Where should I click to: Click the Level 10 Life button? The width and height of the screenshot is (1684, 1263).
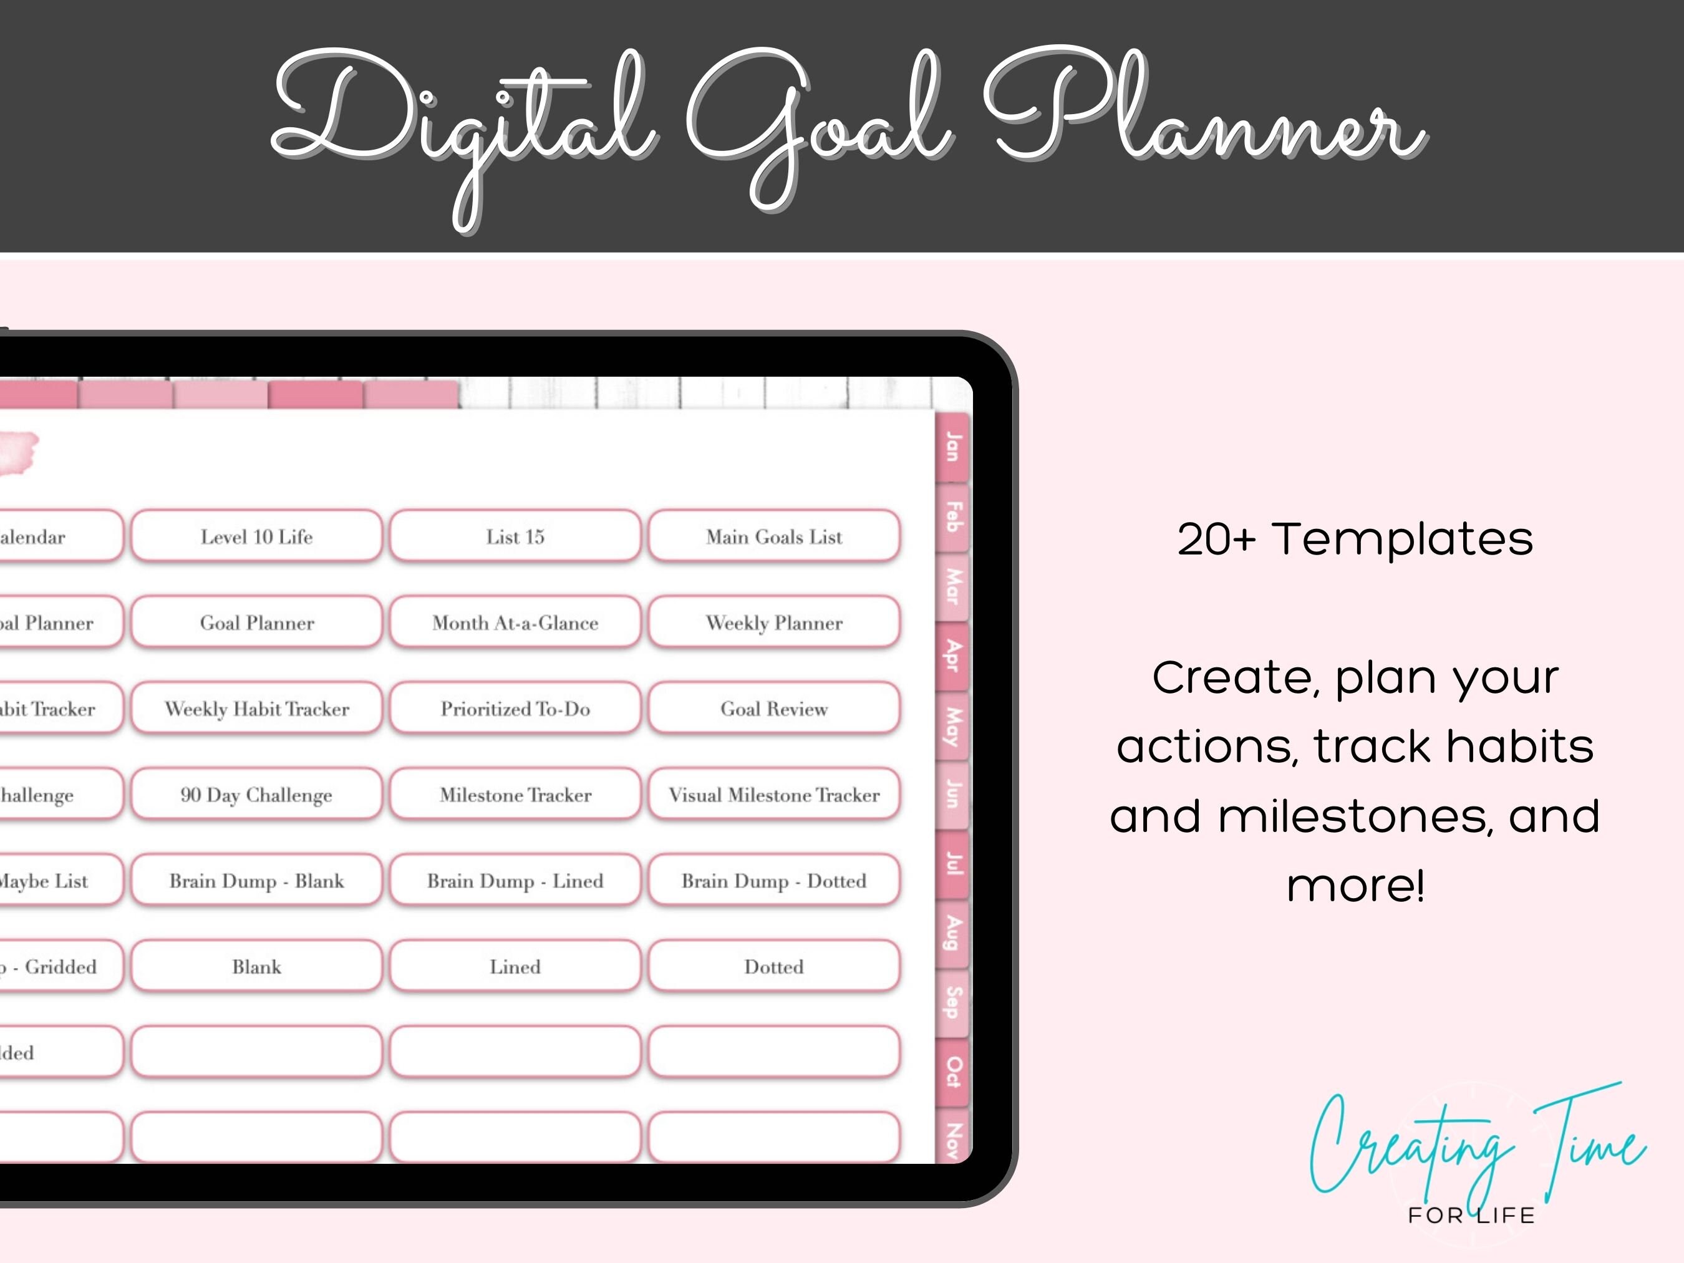pyautogui.click(x=256, y=537)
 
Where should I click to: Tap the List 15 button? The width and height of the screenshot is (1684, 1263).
pyautogui.click(x=515, y=537)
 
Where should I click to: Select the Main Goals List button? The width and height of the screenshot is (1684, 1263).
pyautogui.click(x=774, y=537)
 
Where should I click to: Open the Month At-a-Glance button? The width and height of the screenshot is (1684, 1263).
pyautogui.click(x=515, y=622)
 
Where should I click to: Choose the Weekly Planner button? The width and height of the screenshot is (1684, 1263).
pyautogui.click(x=774, y=622)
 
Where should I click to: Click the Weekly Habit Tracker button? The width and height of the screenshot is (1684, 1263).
pyautogui.click(x=256, y=709)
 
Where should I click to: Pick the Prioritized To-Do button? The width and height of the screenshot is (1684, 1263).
pyautogui.click(x=515, y=709)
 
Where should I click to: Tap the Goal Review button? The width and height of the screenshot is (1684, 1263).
pyautogui.click(x=774, y=709)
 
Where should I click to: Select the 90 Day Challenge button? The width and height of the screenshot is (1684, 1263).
pyautogui.click(x=256, y=795)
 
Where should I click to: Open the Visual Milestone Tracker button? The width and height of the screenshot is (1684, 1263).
pyautogui.click(x=774, y=795)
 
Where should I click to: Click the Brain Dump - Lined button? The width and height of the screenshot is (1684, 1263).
pyautogui.click(x=515, y=881)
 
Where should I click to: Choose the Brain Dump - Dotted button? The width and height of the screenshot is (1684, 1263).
pyautogui.click(x=774, y=881)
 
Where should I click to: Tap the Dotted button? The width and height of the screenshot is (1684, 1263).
pyautogui.click(x=774, y=967)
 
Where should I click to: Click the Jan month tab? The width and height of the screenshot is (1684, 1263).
pyautogui.click(x=952, y=447)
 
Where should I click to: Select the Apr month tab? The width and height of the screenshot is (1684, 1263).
pyautogui.click(x=952, y=656)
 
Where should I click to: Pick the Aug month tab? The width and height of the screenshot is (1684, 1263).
pyautogui.click(x=952, y=933)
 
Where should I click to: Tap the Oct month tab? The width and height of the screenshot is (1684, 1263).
pyautogui.click(x=952, y=1072)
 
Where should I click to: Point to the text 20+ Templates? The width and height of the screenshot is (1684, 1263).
pyautogui.click(x=1355, y=539)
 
